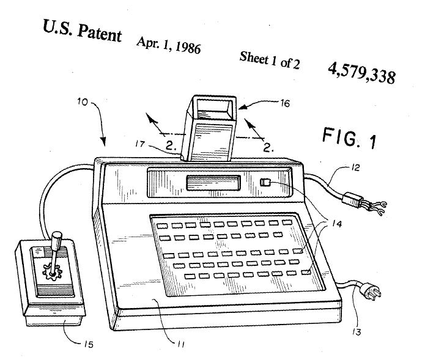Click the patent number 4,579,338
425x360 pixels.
click(361, 73)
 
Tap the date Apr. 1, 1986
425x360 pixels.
click(169, 45)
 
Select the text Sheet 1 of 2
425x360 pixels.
click(270, 60)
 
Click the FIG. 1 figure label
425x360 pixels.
click(349, 138)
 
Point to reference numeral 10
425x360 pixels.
click(83, 102)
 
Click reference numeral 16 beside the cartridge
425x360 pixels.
click(285, 103)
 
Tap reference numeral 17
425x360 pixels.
click(140, 144)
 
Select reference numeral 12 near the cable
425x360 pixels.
click(355, 167)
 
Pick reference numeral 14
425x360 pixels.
click(336, 224)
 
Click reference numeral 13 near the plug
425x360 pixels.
click(357, 332)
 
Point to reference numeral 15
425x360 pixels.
click(88, 345)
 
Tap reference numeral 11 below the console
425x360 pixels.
click(181, 344)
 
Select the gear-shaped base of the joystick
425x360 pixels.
click(53, 272)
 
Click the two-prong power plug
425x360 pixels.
click(372, 292)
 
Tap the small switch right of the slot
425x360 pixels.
click(265, 182)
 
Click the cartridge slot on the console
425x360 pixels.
click(213, 182)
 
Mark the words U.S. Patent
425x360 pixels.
click(82, 31)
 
